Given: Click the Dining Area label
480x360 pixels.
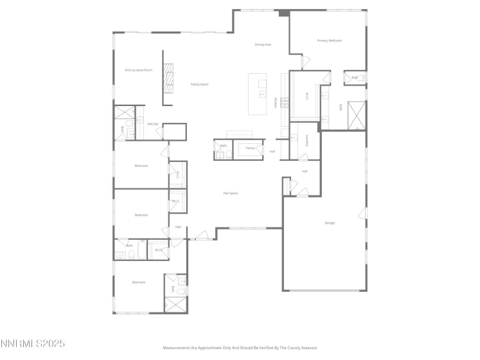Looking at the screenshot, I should click(x=263, y=44).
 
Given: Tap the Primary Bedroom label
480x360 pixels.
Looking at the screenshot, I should click(x=329, y=40).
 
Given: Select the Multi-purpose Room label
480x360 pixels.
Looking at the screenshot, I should click(x=138, y=69).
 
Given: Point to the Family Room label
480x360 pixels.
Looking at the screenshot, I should click(x=199, y=84).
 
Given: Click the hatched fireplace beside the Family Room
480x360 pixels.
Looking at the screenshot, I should click(x=168, y=78).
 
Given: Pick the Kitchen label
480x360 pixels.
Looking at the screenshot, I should click(x=276, y=102).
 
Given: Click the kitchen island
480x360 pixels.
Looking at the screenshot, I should click(x=258, y=94).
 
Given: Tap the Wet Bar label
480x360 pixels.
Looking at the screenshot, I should click(x=153, y=123).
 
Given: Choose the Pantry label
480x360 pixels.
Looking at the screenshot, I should click(x=251, y=148).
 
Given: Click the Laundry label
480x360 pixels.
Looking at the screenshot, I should click(x=308, y=140).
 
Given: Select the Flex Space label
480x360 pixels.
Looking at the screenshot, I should click(x=230, y=193).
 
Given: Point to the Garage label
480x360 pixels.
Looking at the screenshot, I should click(x=330, y=223).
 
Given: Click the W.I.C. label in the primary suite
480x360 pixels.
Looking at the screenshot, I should click(x=307, y=96).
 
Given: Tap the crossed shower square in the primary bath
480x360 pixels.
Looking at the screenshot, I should click(x=356, y=115).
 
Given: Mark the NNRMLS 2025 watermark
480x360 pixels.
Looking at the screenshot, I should click(x=33, y=344).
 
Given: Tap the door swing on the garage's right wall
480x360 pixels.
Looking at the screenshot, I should click(x=363, y=213).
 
